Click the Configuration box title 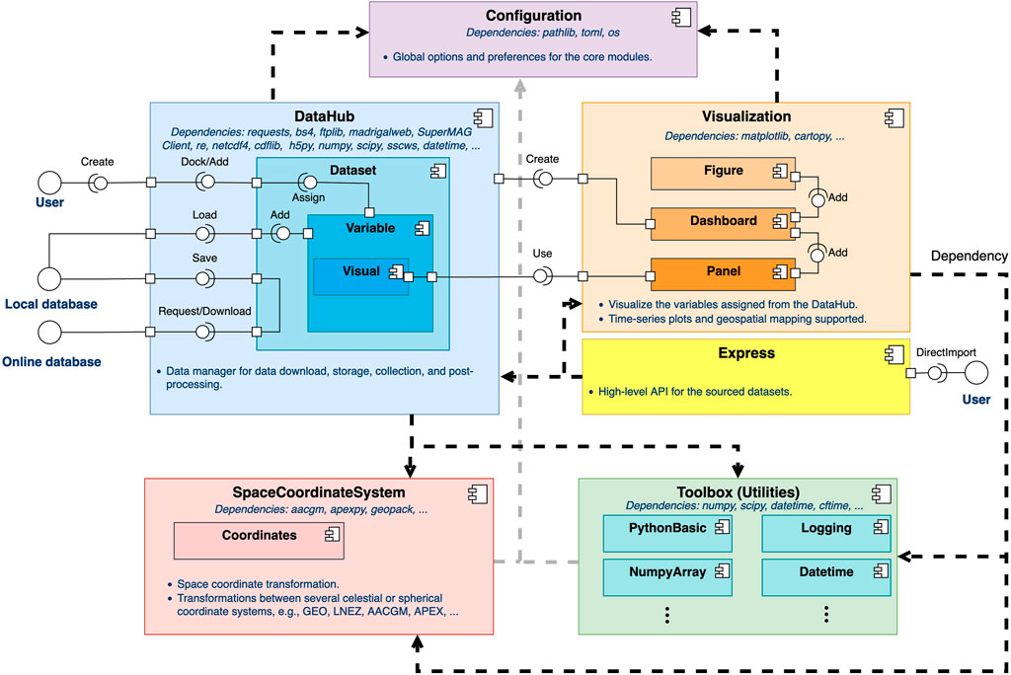pyautogui.click(x=533, y=16)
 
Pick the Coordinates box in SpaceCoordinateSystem pyautogui.click(x=259, y=538)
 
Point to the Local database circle pyautogui.click(x=49, y=277)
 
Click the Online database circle pyautogui.click(x=49, y=333)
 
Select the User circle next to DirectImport pyautogui.click(x=975, y=374)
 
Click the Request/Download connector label pyautogui.click(x=204, y=311)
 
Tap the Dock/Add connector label pyautogui.click(x=204, y=161)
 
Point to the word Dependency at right pyautogui.click(x=970, y=255)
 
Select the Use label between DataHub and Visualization pyautogui.click(x=542, y=254)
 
